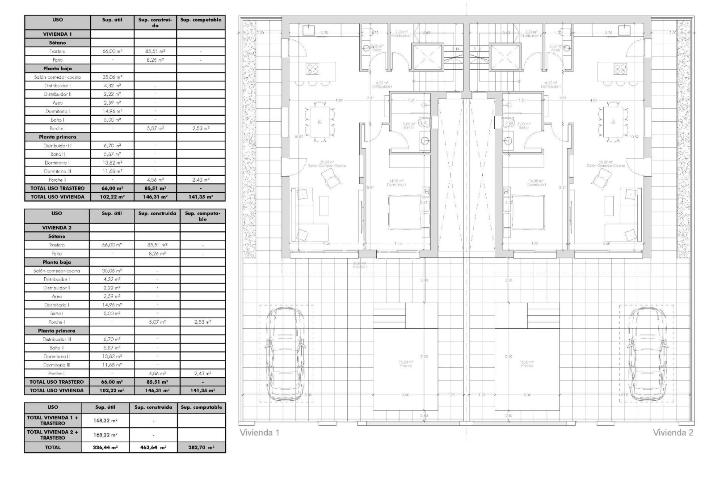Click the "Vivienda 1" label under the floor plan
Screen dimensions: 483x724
click(260, 432)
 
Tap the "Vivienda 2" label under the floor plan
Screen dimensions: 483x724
click(673, 432)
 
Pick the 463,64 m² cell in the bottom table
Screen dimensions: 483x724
click(153, 447)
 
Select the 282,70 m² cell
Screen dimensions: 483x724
click(201, 447)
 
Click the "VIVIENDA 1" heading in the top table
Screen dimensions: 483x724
click(57, 34)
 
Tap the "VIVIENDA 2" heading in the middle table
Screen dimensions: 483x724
click(57, 228)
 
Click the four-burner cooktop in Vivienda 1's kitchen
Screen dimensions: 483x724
click(312, 69)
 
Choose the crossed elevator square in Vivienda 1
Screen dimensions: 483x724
click(426, 58)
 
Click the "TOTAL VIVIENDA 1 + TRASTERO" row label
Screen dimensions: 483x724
click(53, 420)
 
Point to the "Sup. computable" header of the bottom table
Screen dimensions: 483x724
click(201, 407)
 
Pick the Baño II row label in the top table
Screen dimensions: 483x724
click(57, 154)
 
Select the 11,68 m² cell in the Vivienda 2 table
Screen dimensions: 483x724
click(112, 365)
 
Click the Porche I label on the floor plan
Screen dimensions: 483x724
click(360, 265)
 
